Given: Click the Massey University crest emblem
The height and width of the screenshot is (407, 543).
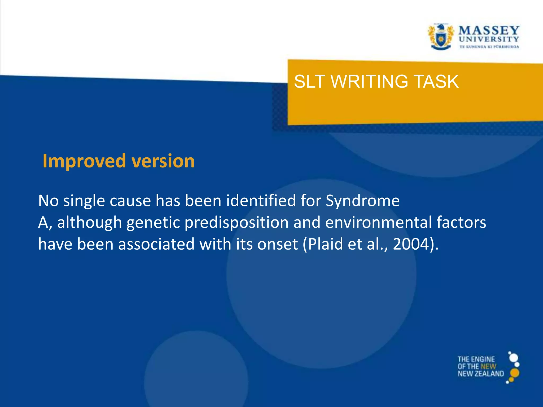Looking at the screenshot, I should point(440,37).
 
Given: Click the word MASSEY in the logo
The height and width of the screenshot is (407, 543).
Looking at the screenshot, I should point(489,30).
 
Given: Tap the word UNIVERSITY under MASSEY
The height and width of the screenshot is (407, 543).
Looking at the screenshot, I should point(489,39).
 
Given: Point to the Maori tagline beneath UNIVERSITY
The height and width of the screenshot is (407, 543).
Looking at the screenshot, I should point(489,47).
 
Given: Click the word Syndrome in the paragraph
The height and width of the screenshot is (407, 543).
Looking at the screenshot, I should point(362,201).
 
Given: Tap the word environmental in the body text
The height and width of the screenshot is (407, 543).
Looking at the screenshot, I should point(378,223).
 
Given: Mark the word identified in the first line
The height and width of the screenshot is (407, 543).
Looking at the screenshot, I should point(261,201).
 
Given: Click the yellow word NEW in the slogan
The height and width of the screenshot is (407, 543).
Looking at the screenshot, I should point(488,366).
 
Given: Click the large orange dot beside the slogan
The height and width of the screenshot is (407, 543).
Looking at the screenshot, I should point(515,373).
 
